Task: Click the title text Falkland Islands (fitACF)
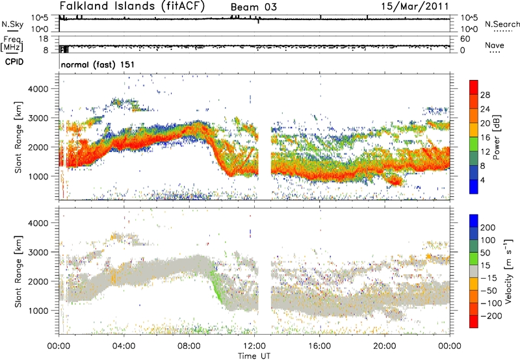(132, 6)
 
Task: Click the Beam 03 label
(253, 7)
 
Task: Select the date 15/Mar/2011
(415, 6)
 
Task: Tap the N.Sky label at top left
(12, 24)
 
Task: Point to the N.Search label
(502, 24)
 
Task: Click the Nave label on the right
(495, 45)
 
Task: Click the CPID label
(14, 62)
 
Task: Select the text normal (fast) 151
(97, 64)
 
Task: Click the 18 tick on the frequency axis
(44, 39)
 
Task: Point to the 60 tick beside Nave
(465, 39)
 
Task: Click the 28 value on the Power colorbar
(485, 95)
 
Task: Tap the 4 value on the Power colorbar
(482, 180)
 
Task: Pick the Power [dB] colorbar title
(496, 137)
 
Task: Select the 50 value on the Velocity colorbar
(485, 253)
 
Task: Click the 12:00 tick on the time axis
(255, 346)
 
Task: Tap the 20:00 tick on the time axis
(385, 346)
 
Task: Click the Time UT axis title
(254, 355)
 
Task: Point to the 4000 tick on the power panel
(38, 89)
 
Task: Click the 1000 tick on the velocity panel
(38, 311)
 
